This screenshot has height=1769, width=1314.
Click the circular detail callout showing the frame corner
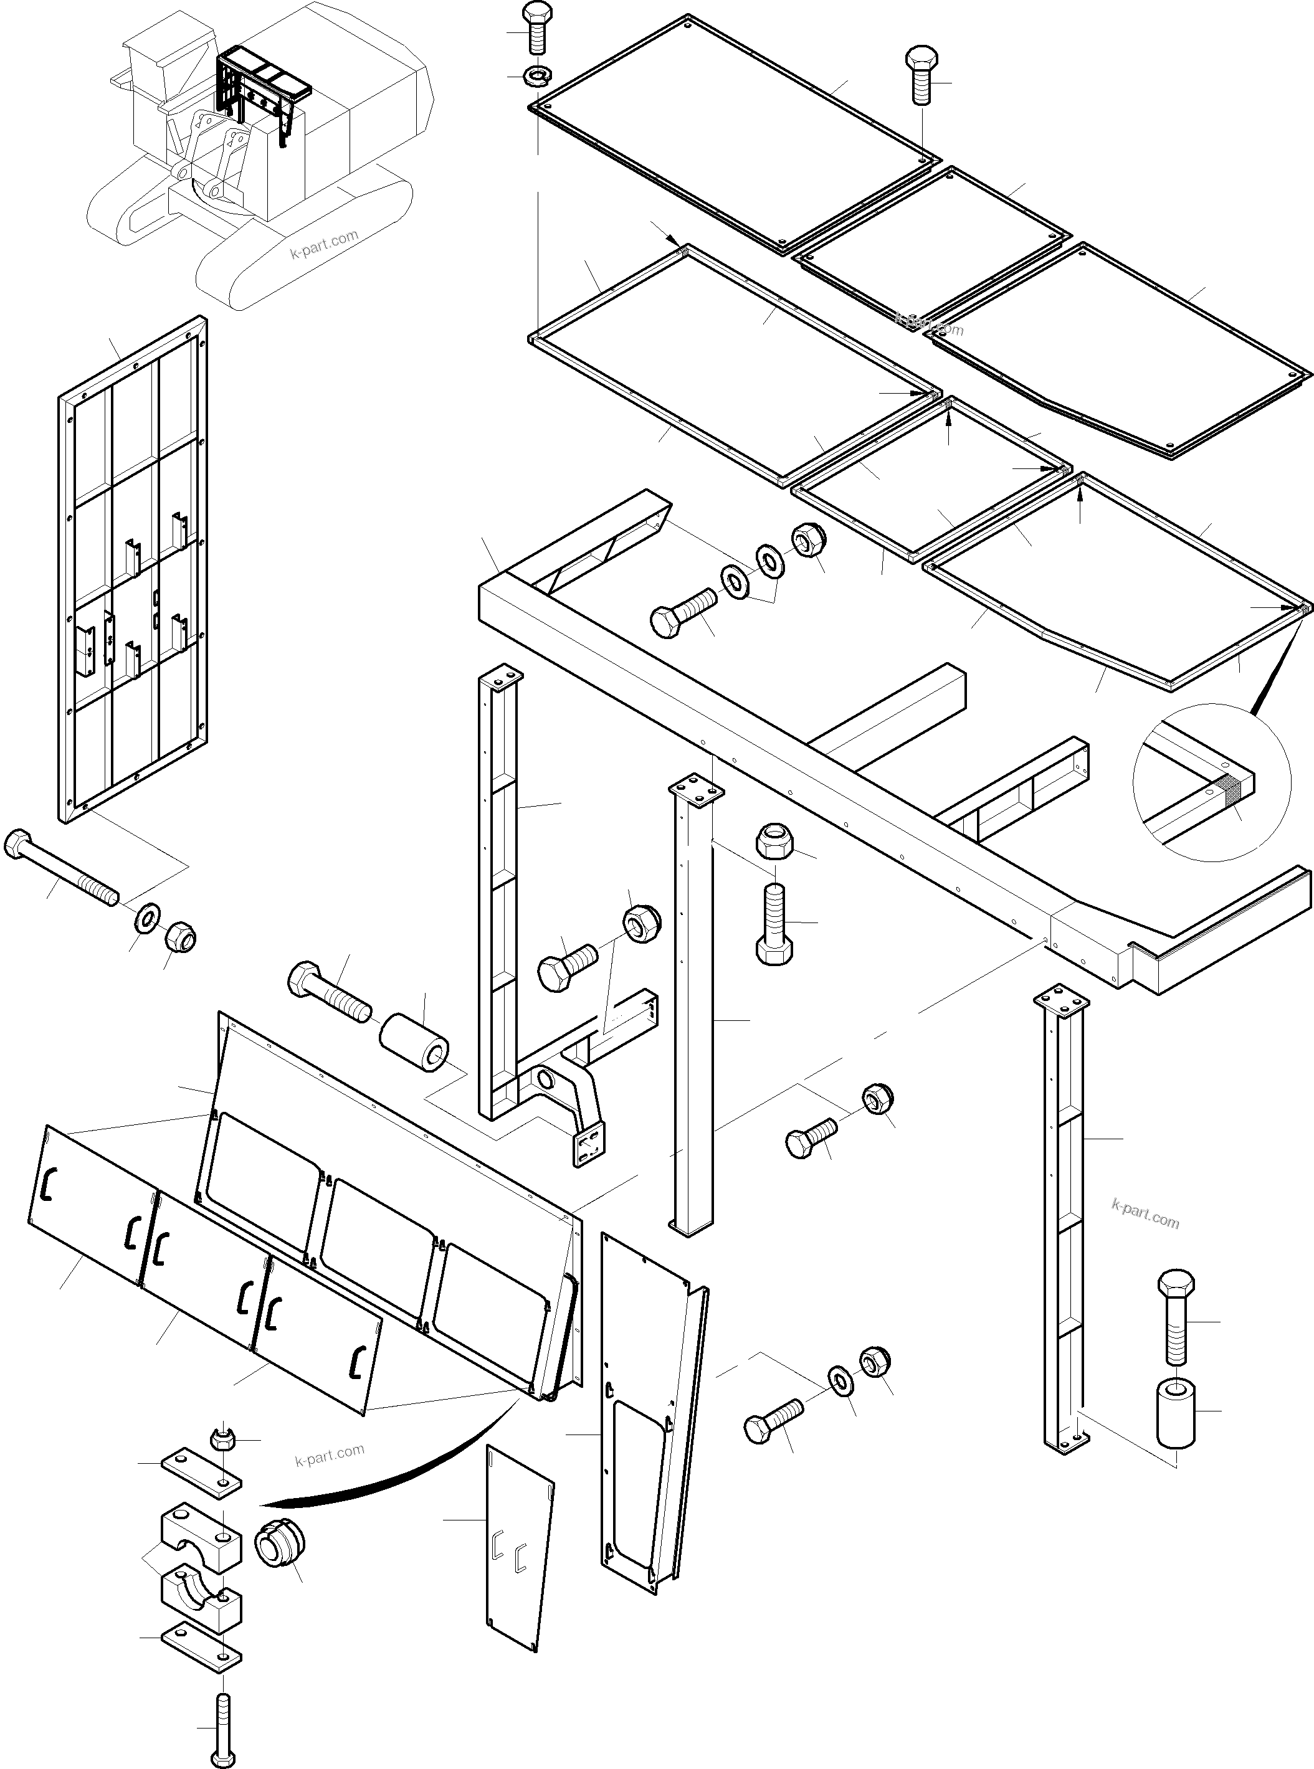click(1211, 782)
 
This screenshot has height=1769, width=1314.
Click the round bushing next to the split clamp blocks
click(279, 1545)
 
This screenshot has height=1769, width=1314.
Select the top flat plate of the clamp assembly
click(201, 1473)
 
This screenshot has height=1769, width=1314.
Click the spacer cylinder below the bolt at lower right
click(1174, 1415)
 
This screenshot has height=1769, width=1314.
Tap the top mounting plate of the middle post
click(696, 793)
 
